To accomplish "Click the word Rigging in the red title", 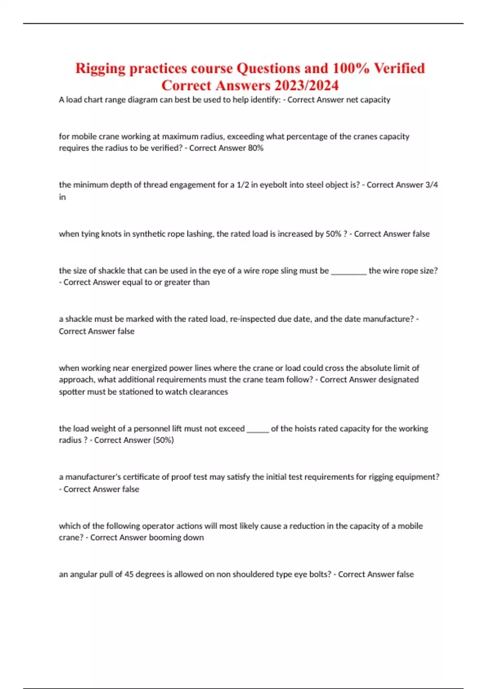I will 100,68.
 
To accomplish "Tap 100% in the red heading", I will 351,68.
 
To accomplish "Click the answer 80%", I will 255,148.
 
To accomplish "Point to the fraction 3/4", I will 431,185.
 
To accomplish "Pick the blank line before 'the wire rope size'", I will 349,271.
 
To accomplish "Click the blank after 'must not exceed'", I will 258,429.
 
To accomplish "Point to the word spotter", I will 71,392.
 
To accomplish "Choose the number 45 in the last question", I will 129,574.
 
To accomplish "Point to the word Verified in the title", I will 399,68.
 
